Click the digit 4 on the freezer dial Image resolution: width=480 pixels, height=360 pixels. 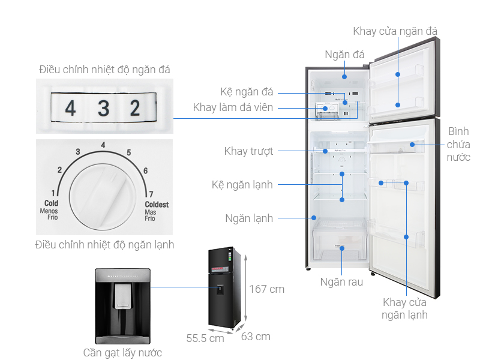(x=71, y=109)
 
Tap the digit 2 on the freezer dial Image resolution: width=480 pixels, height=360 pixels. (x=135, y=108)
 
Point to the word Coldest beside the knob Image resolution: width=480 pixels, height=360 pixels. (x=157, y=204)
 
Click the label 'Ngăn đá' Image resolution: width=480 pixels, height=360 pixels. (x=344, y=55)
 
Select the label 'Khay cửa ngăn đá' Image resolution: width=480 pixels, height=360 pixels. (x=395, y=31)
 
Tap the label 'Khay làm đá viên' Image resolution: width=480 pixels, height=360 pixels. (x=233, y=107)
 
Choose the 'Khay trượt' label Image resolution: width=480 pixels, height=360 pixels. (x=248, y=151)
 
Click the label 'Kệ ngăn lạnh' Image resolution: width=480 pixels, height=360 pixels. (x=242, y=184)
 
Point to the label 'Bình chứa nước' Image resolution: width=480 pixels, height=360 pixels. (x=458, y=144)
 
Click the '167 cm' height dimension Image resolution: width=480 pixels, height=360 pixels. (x=266, y=289)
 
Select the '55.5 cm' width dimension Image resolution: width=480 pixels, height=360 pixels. (x=205, y=338)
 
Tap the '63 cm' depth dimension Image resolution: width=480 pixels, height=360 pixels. (x=256, y=336)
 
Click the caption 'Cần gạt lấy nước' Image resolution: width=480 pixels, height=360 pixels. (x=122, y=353)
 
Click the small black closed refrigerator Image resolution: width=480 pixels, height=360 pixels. (x=227, y=289)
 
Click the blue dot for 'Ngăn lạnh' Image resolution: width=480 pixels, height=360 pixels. (x=313, y=218)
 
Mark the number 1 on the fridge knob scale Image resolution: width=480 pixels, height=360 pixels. (x=53, y=193)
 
